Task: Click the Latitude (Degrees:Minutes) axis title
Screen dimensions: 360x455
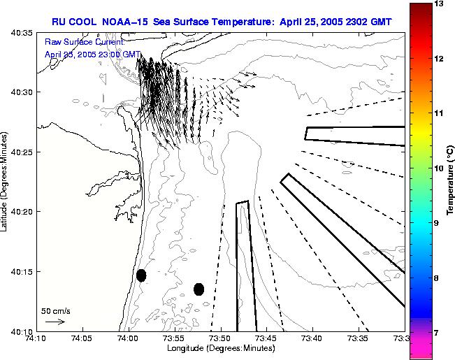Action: pos(6,181)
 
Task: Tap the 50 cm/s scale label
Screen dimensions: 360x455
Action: pos(56,310)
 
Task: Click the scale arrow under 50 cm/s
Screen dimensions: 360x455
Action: pos(55,322)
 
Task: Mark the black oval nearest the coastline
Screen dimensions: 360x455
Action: pos(141,275)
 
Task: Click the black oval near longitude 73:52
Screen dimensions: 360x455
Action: pos(198,289)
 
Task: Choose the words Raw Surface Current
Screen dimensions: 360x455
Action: pos(84,42)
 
